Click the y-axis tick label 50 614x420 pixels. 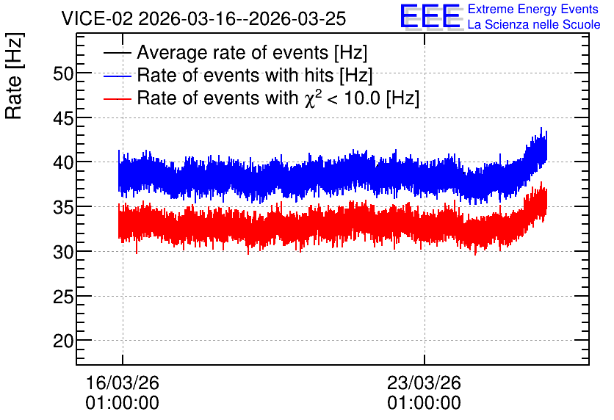coord(63,73)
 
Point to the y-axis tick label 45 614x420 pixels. coord(63,117)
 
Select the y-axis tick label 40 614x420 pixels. coord(63,162)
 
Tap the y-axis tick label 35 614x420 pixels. coord(63,207)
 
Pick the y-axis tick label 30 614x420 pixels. coord(63,252)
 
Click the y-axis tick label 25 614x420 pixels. coord(63,297)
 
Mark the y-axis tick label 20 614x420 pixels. coord(63,341)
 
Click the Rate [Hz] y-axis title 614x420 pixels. coord(14,76)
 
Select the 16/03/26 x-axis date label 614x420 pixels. coord(122,383)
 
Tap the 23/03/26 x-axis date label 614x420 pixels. coord(424,383)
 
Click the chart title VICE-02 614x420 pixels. coord(97,18)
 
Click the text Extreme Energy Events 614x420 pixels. coord(533,9)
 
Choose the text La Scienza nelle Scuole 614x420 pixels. coord(534,25)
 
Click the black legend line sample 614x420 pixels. coord(117,53)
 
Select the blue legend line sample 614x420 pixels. coord(117,76)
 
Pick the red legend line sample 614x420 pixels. coord(117,98)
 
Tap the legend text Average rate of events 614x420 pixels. coord(233,52)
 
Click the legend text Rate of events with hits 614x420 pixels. coord(235,75)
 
